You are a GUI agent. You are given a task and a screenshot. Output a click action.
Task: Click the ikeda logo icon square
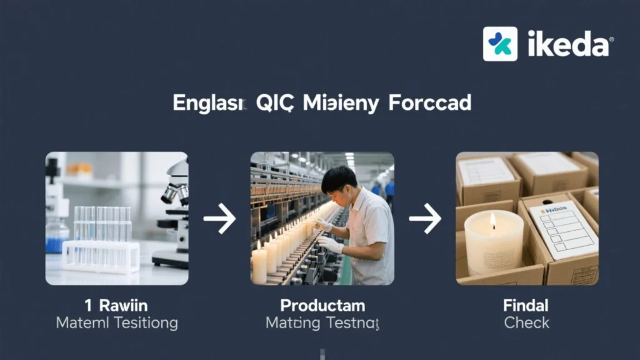pos(500,44)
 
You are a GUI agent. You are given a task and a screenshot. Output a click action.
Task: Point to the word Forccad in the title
pos(429,103)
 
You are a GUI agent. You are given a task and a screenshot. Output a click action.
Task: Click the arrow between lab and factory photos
pos(219,219)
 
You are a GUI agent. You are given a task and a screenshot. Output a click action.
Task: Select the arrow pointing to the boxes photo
pos(425,219)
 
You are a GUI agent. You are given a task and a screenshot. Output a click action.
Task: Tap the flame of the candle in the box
pos(492,220)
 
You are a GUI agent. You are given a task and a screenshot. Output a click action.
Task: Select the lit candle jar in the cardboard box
pos(493,244)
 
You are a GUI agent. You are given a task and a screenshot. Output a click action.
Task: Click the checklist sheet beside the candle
pos(562,229)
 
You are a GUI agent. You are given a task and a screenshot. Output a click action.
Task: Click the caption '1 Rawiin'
pos(116,306)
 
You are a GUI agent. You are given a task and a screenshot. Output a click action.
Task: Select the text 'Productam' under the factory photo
pos(322,306)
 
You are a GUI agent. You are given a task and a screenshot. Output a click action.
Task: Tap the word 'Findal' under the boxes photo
pos(526,306)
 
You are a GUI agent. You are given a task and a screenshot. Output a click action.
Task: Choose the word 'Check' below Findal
pos(526,323)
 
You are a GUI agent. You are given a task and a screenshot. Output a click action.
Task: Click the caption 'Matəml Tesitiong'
pos(116,323)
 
